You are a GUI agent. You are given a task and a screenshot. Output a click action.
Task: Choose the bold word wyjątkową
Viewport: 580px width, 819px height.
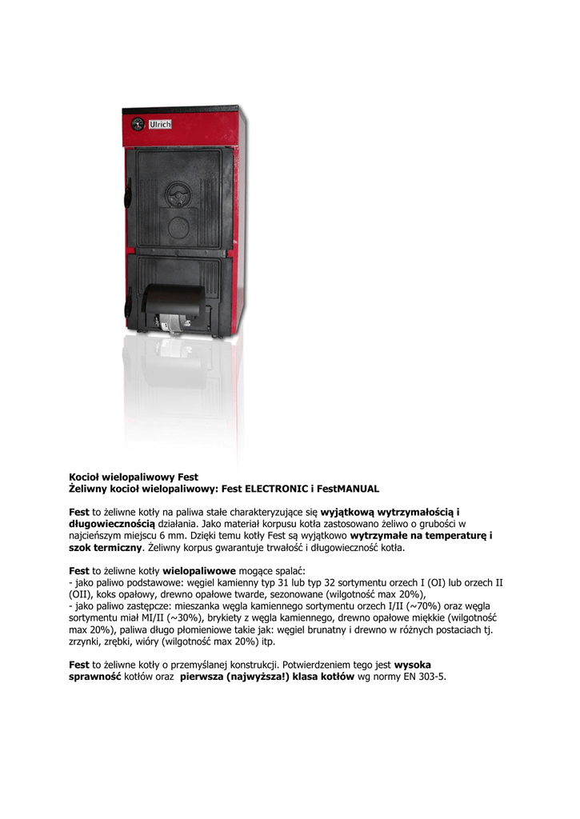[x=349, y=511]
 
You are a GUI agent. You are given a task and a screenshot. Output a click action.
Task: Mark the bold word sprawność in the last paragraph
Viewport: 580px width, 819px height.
[x=95, y=677]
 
